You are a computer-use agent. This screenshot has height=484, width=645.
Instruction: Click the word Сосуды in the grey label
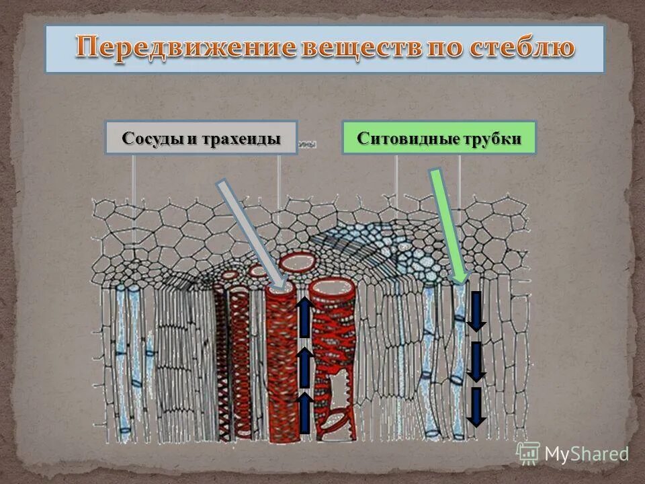[152, 138]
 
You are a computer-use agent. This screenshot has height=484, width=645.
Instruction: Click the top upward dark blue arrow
[304, 317]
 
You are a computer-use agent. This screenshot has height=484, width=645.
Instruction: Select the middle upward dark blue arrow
[304, 367]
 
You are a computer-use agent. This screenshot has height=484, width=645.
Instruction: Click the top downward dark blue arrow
[476, 311]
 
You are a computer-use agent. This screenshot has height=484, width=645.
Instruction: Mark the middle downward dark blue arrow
[476, 362]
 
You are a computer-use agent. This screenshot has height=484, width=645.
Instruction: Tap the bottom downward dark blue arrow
[476, 407]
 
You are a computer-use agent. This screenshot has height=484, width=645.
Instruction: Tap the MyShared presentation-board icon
[528, 453]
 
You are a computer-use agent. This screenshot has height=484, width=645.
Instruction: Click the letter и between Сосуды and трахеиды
[192, 138]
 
